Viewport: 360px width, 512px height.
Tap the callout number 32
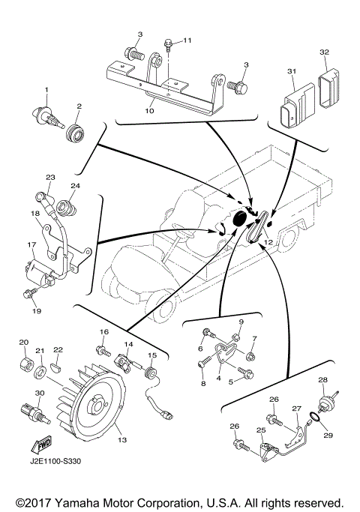(x=324, y=52)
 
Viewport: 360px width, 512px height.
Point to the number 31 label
(x=292, y=70)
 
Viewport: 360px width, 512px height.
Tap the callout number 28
(x=323, y=381)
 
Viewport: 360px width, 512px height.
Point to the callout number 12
(x=268, y=243)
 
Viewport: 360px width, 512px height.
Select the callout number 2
(x=79, y=106)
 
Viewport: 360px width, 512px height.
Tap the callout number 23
(x=51, y=178)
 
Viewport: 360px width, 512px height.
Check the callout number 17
(x=32, y=244)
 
